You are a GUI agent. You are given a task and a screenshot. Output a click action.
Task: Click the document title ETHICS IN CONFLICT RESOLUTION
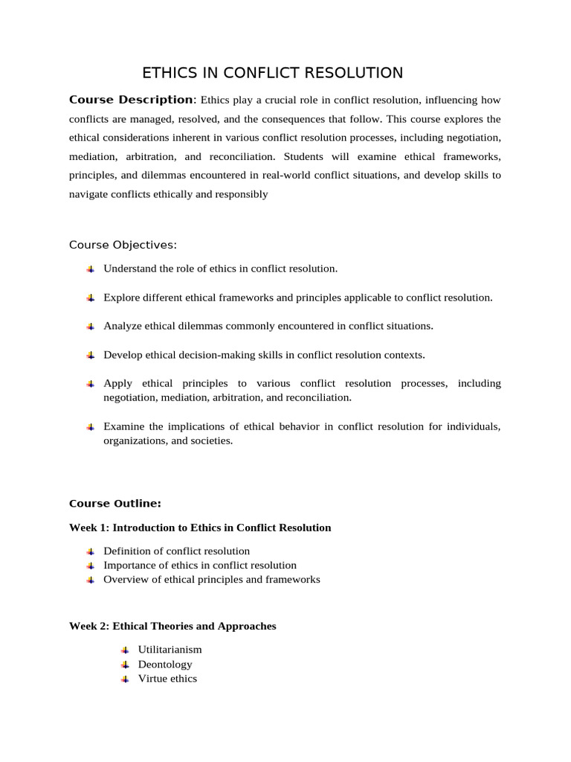point(272,73)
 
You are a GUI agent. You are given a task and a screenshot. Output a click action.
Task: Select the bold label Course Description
point(131,100)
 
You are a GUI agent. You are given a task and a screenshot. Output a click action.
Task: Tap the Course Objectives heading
point(123,245)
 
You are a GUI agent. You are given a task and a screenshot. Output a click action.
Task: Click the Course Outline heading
point(114,504)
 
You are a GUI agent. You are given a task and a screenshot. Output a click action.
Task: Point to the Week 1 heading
point(200,528)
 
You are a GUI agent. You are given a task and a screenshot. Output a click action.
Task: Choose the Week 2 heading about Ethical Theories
point(172,627)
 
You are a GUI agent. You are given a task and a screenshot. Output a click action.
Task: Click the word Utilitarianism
point(170,650)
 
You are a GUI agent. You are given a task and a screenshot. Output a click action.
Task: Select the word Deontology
point(165,665)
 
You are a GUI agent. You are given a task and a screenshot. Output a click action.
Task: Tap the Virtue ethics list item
point(167,679)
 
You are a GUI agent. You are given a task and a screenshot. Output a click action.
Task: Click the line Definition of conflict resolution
point(176,551)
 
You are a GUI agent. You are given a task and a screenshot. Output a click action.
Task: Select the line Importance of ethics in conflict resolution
point(199,566)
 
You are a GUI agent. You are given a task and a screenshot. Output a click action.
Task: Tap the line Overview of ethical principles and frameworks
point(211,580)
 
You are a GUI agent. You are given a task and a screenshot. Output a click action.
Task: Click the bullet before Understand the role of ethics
point(90,269)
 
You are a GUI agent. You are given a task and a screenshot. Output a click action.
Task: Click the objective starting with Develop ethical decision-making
point(264,355)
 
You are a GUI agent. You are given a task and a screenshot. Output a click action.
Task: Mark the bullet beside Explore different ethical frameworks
point(90,298)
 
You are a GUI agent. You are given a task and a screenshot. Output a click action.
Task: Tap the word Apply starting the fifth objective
point(117,383)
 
